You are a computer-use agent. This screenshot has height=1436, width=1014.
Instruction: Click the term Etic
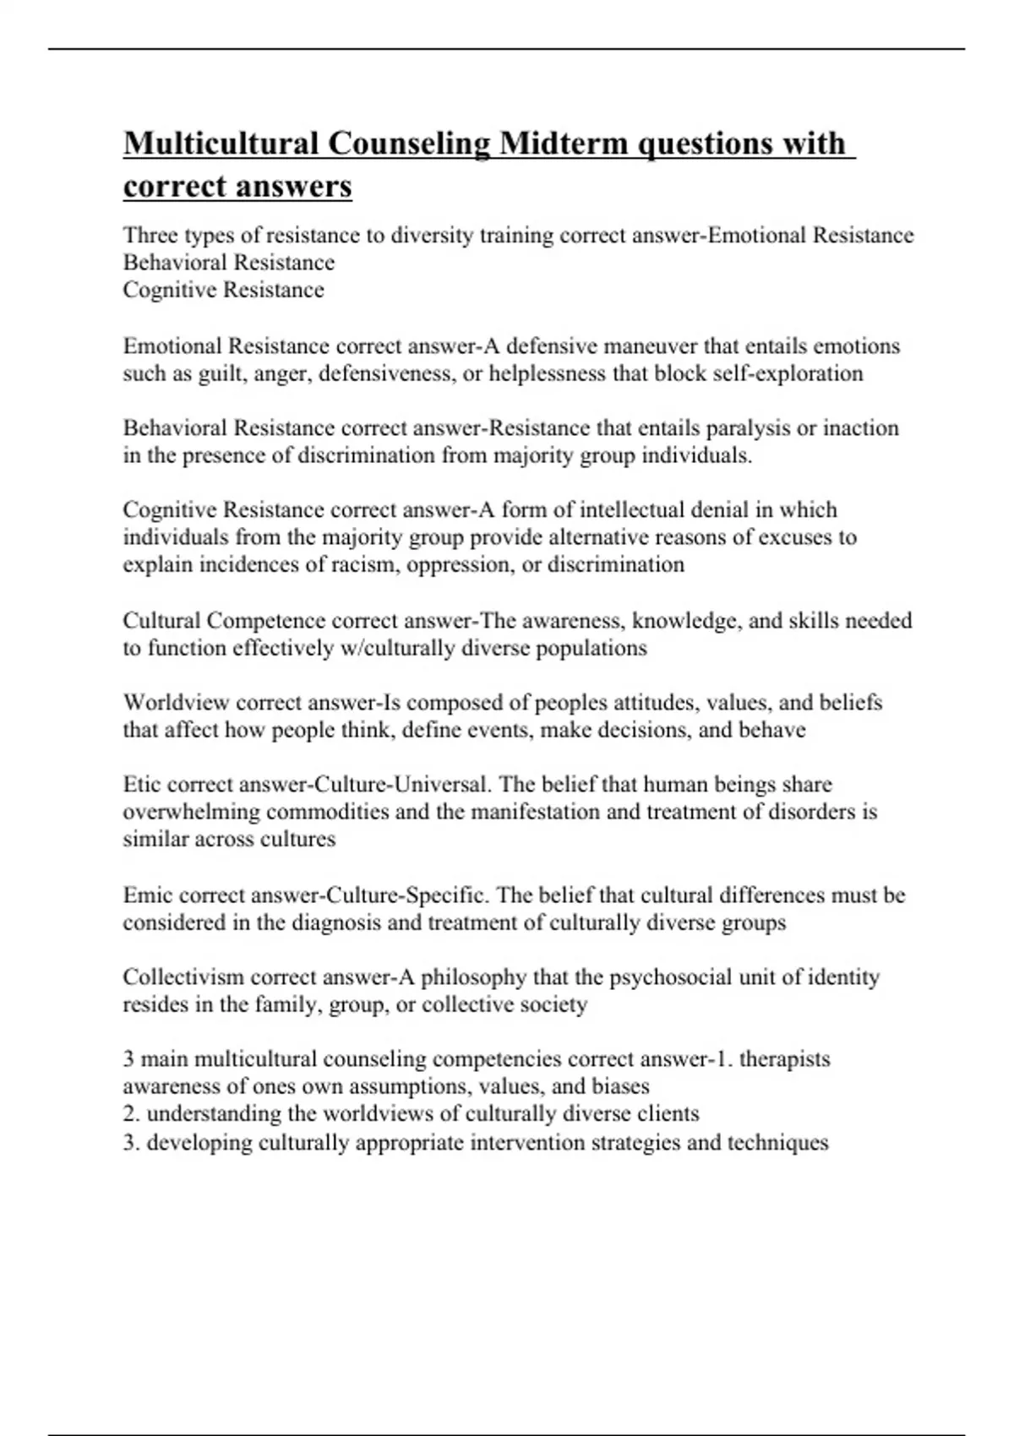coord(143,785)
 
